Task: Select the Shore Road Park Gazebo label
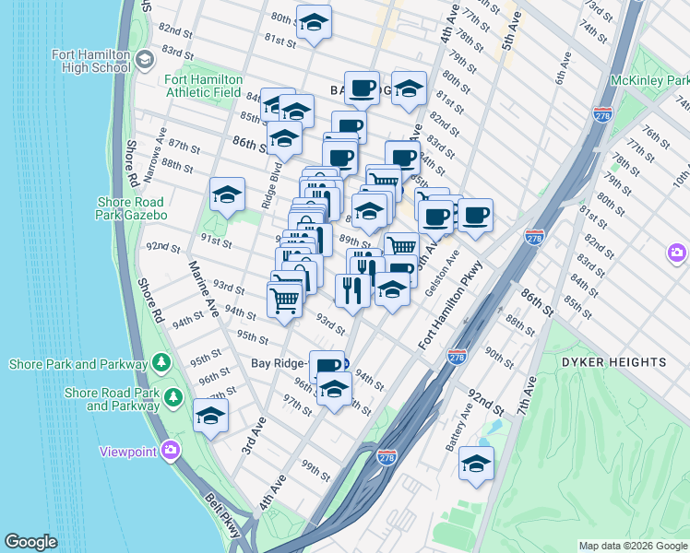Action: click(130, 208)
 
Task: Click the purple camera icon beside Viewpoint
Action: click(170, 451)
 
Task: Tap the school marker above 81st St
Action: click(314, 22)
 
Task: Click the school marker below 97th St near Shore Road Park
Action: click(210, 416)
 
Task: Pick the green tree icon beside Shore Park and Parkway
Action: click(162, 360)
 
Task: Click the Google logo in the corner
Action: click(31, 542)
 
